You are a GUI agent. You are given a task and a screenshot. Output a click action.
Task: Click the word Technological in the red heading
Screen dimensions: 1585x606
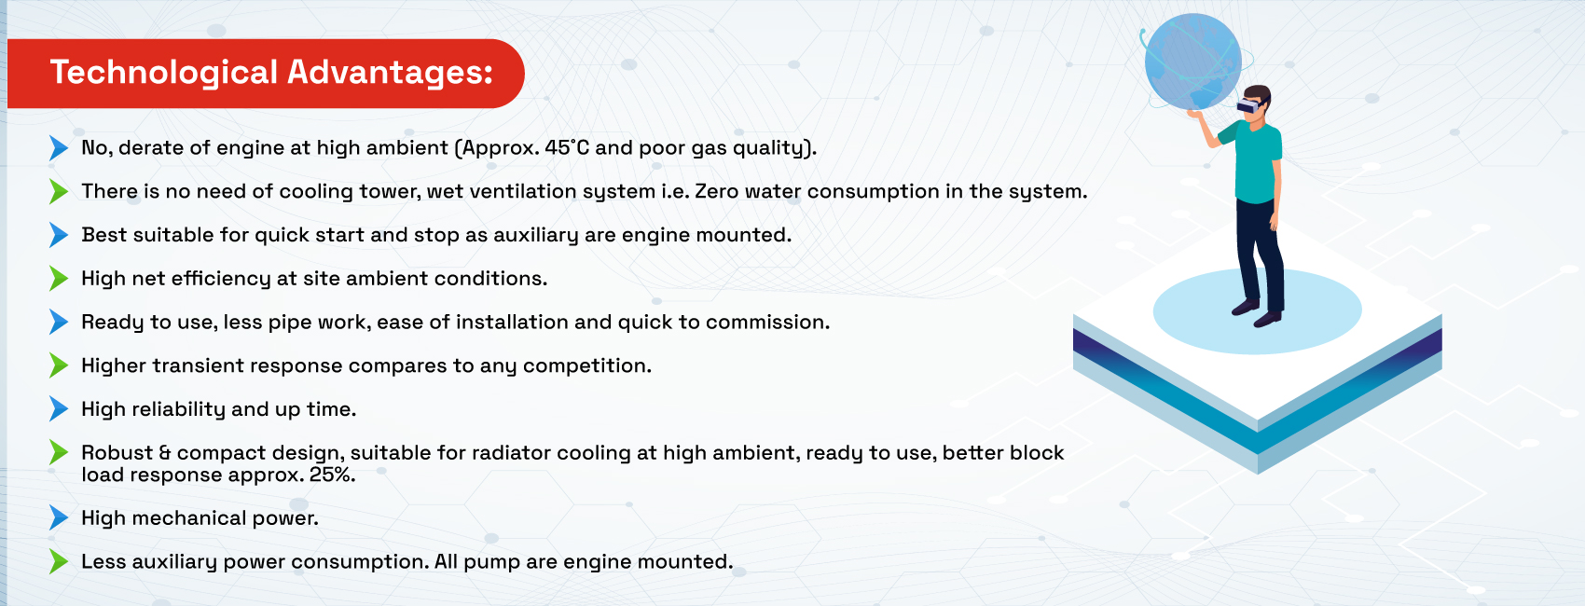click(164, 74)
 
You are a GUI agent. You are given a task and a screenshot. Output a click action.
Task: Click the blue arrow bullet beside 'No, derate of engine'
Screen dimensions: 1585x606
click(59, 148)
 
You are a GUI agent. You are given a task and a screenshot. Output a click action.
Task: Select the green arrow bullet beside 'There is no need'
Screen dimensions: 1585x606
click(59, 191)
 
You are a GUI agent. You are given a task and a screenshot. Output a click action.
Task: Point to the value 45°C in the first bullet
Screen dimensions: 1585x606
click(567, 147)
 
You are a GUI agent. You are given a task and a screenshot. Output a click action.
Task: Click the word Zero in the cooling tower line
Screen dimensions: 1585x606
click(716, 191)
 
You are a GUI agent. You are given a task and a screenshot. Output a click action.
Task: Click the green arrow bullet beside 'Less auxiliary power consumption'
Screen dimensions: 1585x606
click(59, 561)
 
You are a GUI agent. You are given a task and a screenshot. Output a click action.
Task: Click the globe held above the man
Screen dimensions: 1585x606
click(1193, 62)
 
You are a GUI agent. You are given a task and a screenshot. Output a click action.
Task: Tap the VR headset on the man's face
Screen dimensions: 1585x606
click(1249, 104)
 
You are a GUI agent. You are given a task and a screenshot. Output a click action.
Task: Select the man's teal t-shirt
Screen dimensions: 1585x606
click(1256, 161)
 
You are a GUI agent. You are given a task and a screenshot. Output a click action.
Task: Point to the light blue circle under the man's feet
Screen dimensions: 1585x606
click(1258, 310)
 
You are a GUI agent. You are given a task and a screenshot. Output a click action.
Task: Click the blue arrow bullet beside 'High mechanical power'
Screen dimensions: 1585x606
click(59, 518)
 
